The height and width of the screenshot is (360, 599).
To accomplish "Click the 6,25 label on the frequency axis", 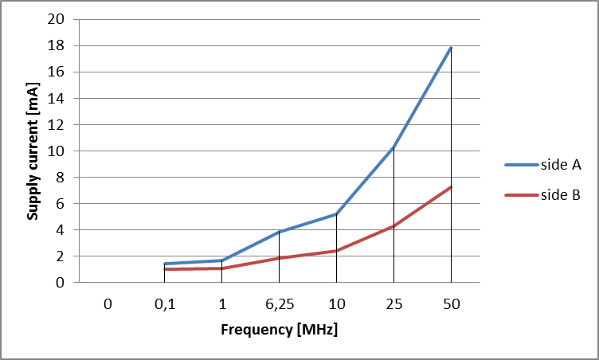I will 279,303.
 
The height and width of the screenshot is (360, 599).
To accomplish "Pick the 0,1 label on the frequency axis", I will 164,303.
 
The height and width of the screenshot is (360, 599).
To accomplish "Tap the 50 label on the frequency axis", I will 451,303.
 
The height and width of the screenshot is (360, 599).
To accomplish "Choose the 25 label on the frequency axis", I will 393,303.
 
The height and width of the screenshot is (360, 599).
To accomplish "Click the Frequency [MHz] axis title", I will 279,330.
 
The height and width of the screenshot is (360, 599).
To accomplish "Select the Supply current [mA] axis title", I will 33,151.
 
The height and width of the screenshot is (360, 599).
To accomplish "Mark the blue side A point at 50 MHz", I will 451,48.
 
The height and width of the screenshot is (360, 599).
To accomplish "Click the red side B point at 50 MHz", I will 451,187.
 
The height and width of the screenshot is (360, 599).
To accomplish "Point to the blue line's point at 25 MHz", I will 393,148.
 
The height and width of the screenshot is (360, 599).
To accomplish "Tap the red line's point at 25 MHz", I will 393,226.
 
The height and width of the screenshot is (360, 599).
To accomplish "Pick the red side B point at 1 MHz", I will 221,268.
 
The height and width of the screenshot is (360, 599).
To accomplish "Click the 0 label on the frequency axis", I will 107,303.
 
